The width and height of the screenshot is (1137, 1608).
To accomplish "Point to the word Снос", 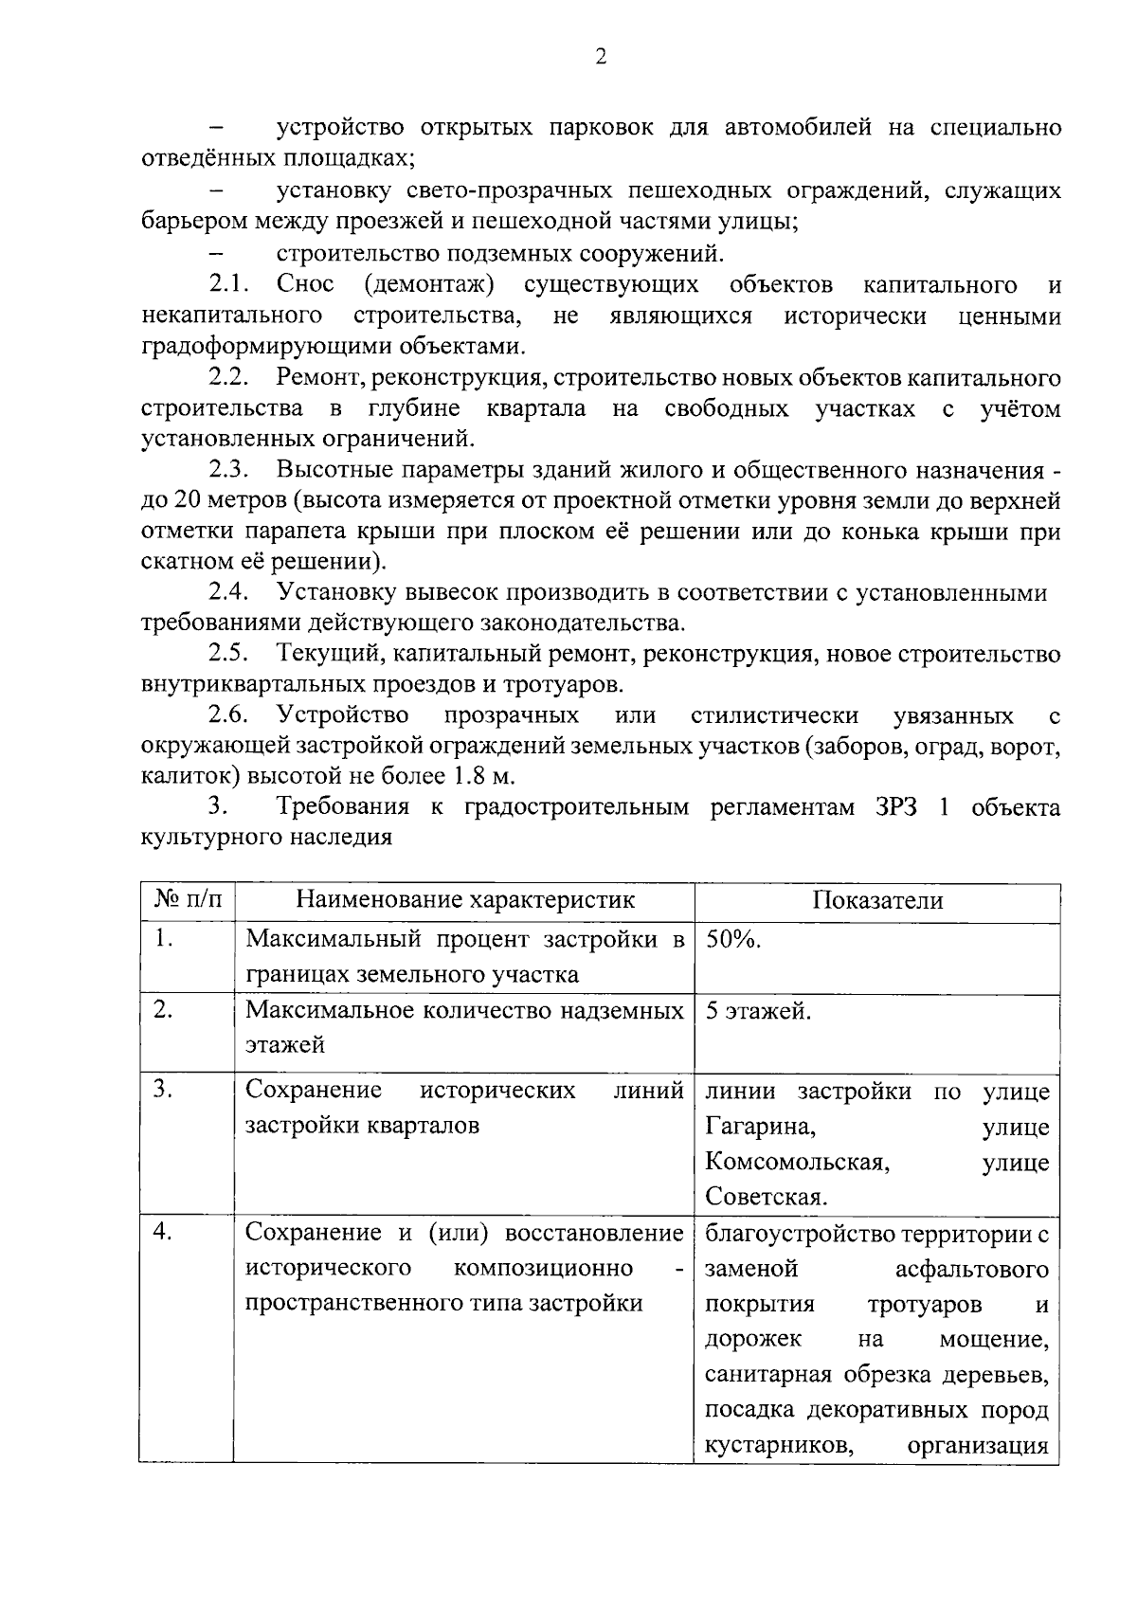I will coord(305,284).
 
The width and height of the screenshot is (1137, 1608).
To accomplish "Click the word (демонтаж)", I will coord(429,284).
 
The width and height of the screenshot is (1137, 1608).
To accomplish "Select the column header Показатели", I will coord(877,900).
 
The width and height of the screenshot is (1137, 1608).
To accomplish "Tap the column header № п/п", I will coord(188,900).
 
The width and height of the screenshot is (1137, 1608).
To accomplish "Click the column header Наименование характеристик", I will coord(465,900).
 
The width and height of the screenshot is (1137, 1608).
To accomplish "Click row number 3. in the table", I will coord(163,1090).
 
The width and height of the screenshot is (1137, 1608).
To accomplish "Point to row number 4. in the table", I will coord(163,1232).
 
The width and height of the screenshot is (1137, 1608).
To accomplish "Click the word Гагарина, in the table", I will coord(761,1127).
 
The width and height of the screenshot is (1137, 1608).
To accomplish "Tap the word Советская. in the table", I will coord(767,1198).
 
